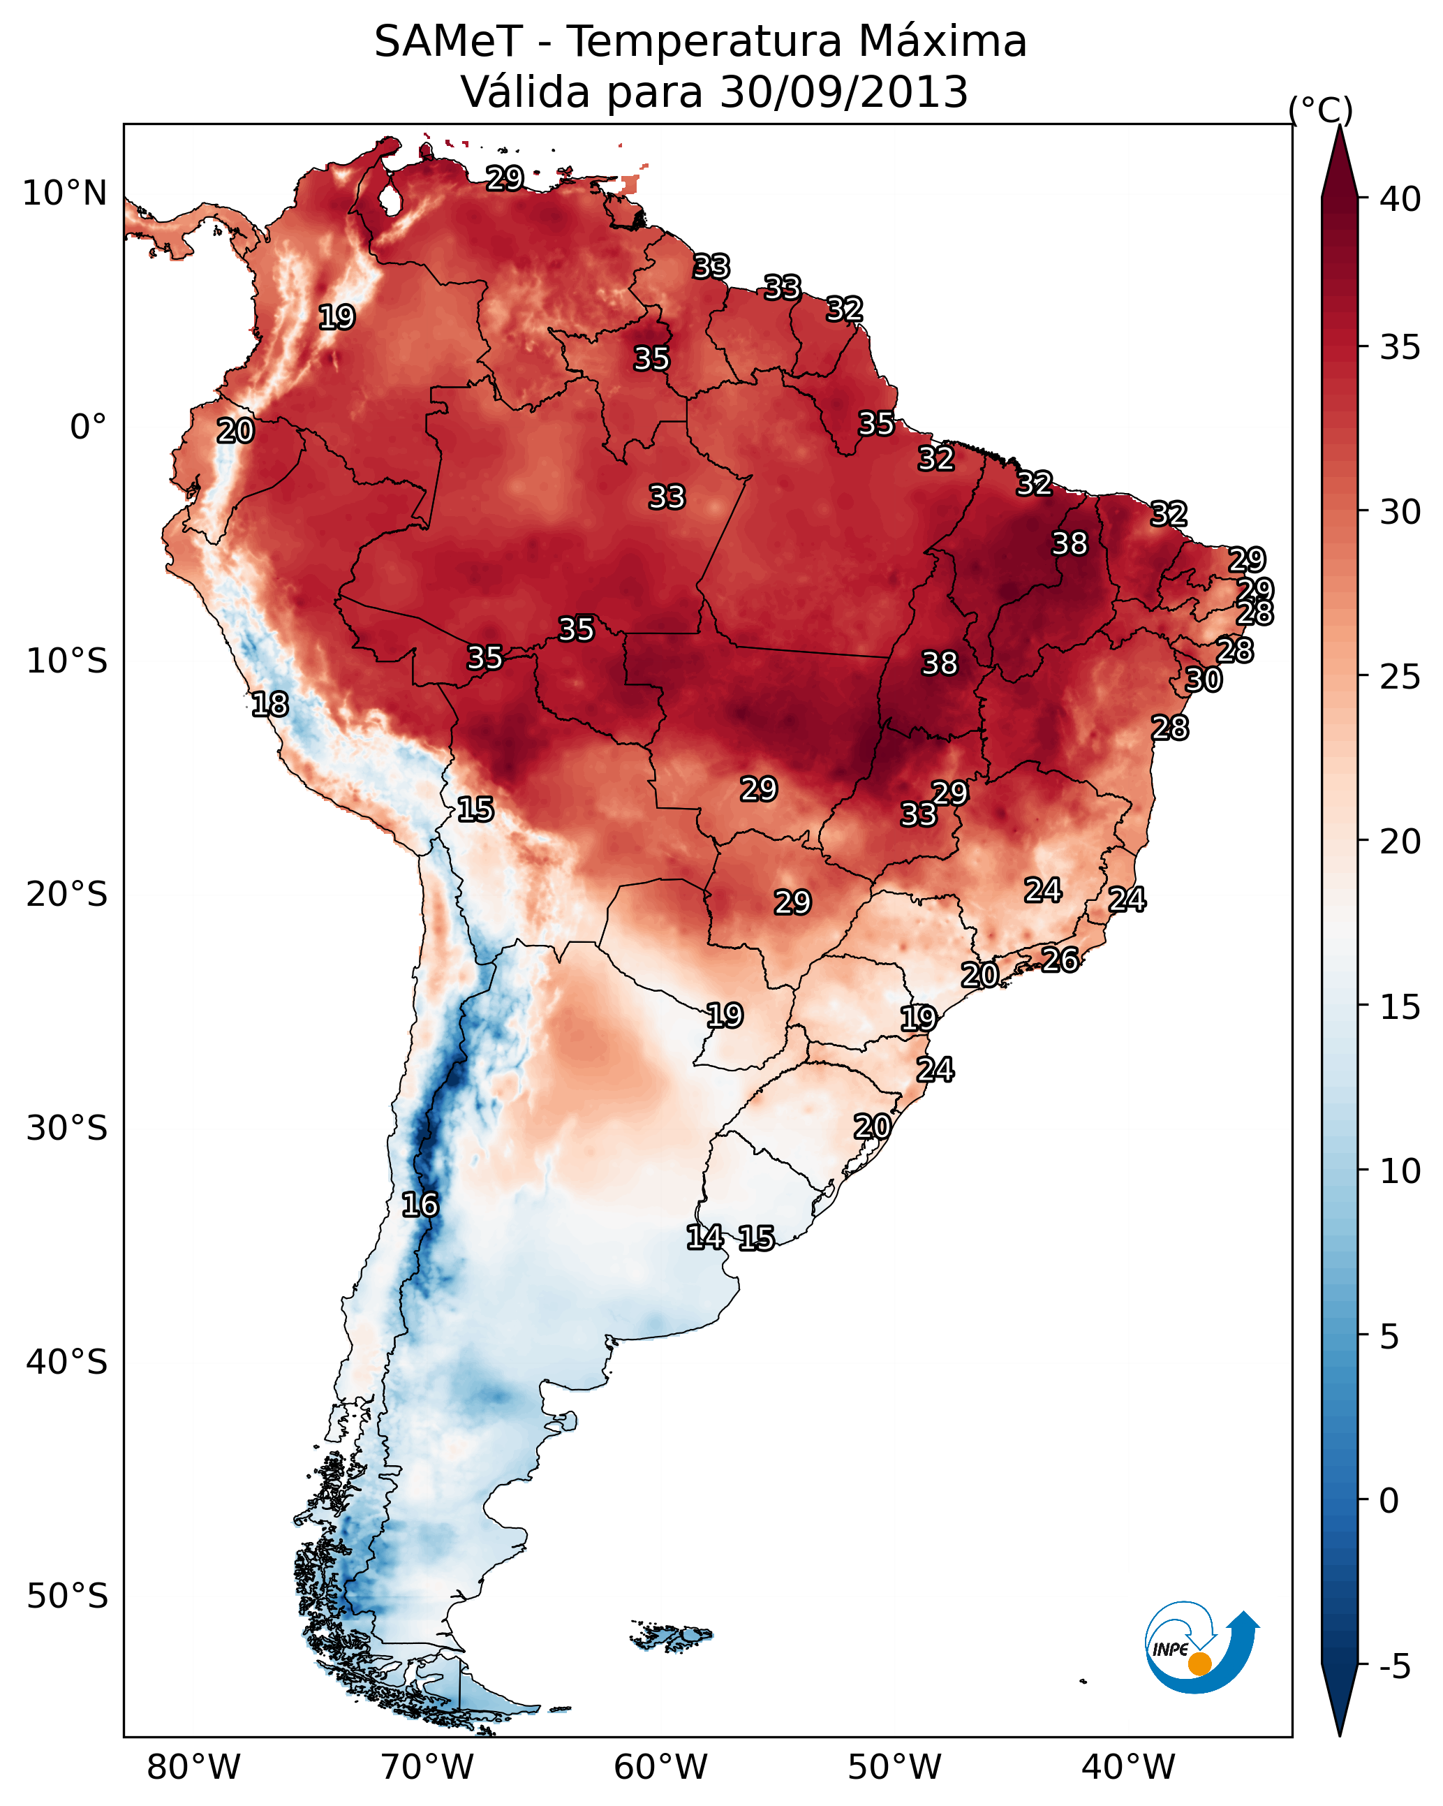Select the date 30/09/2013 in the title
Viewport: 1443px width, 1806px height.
coord(843,92)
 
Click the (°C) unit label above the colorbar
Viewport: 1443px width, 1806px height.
coord(1321,110)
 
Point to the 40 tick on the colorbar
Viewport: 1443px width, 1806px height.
coord(1400,199)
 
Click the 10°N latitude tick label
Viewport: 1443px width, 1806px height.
coord(64,193)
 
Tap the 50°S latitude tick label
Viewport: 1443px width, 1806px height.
coord(67,1596)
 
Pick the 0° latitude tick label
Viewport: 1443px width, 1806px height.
coord(88,427)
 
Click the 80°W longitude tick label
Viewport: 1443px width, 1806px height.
coord(193,1768)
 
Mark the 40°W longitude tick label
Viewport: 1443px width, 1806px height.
coord(1128,1768)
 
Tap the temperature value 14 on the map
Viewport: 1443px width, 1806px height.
coord(705,1238)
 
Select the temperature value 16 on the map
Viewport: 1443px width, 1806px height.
coord(420,1205)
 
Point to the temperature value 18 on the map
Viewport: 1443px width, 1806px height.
coord(269,705)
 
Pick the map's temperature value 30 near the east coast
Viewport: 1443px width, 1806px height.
coord(1204,680)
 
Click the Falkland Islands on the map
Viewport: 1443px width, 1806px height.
coord(672,1635)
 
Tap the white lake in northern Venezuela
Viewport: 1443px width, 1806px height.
coord(390,201)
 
